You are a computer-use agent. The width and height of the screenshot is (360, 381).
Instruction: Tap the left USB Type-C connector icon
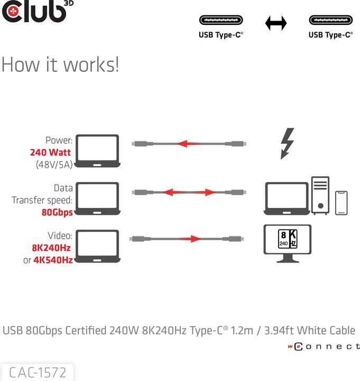pyautogui.click(x=220, y=21)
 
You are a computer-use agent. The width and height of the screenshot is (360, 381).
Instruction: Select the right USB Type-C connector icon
pyautogui.click(x=330, y=21)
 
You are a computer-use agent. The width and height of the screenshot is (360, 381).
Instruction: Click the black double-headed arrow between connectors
pyautogui.click(x=275, y=23)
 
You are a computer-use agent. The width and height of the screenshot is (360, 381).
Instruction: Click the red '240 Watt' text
pyautogui.click(x=51, y=152)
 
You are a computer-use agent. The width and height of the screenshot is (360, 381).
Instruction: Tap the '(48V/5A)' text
pyautogui.click(x=54, y=165)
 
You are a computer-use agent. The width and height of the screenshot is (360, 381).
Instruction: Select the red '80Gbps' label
pyautogui.click(x=57, y=212)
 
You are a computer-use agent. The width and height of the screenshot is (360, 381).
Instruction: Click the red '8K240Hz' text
pyautogui.click(x=51, y=248)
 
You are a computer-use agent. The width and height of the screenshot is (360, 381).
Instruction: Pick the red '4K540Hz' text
pyautogui.click(x=53, y=260)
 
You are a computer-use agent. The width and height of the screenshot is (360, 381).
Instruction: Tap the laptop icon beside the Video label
pyautogui.click(x=97, y=246)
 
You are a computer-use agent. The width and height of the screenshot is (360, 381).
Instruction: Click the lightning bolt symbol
pyautogui.click(x=287, y=143)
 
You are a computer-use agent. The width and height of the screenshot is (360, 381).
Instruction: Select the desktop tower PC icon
pyautogui.click(x=320, y=195)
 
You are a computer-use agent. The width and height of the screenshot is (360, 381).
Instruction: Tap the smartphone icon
pyautogui.click(x=341, y=203)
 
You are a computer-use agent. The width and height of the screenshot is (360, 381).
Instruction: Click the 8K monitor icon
pyautogui.click(x=288, y=243)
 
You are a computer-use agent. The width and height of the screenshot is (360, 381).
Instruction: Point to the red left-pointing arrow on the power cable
pyautogui.click(x=189, y=143)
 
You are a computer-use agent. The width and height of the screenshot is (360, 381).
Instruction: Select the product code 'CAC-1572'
pyautogui.click(x=38, y=373)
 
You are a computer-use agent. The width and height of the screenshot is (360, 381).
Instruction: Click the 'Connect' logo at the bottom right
pyautogui.click(x=325, y=347)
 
